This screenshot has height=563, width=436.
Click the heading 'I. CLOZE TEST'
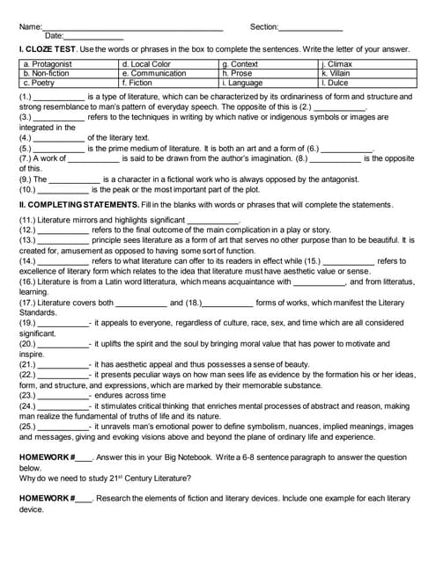48,51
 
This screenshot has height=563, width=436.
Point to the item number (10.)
27,189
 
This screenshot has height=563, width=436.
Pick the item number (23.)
27,396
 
